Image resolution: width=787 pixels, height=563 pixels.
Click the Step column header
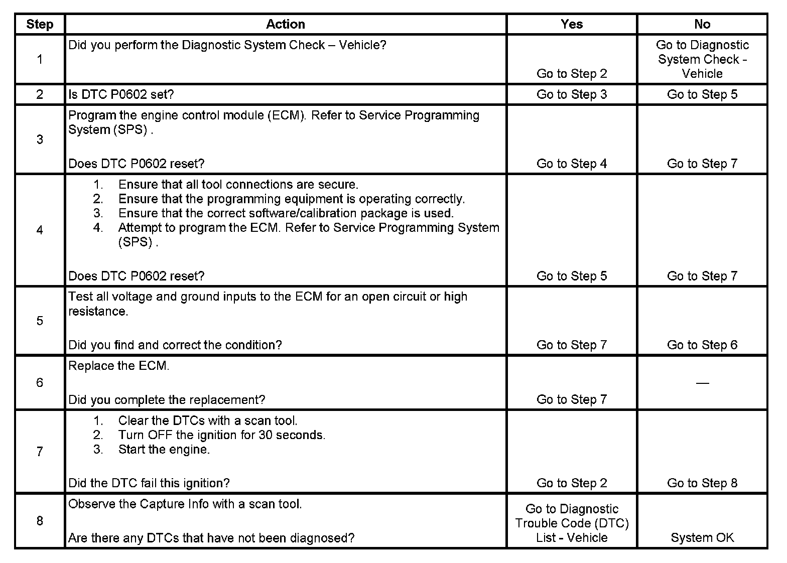40,24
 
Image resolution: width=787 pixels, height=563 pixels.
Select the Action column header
285,24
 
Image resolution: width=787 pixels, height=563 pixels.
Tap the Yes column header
572,24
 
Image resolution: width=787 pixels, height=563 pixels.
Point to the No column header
702,24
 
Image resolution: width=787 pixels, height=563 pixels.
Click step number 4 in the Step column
40,230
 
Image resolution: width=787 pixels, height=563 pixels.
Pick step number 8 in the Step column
40,521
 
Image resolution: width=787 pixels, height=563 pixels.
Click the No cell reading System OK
702,538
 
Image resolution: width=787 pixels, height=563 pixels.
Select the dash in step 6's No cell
702,383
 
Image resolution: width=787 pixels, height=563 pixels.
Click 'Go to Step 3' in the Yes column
572,94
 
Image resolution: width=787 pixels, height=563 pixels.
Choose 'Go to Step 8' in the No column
702,483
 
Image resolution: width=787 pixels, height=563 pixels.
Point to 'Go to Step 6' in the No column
702,345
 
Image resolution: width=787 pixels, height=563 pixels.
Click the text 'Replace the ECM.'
119,366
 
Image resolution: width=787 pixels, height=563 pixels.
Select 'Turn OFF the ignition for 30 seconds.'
222,435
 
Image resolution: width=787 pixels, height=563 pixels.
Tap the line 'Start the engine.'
164,450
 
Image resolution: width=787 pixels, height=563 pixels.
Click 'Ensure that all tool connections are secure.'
238,185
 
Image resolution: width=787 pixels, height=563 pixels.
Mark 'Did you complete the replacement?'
167,400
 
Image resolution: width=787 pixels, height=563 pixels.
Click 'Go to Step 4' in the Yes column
572,164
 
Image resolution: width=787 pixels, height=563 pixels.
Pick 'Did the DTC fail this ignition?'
149,483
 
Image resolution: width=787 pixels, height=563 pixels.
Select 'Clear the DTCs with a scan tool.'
208,420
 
